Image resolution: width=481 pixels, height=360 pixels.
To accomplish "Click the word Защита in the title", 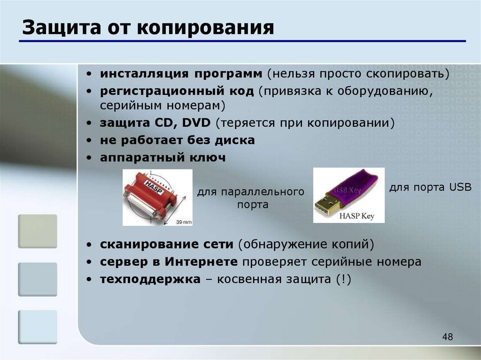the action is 62,28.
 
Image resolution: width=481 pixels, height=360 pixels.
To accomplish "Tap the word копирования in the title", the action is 205,28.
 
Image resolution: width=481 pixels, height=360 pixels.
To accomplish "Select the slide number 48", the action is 448,337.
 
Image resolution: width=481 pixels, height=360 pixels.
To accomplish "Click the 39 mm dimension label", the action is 184,222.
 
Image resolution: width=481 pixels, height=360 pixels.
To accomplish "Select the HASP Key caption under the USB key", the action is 357,216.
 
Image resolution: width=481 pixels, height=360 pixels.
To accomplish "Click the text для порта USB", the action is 430,187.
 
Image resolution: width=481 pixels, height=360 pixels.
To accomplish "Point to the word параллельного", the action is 263,192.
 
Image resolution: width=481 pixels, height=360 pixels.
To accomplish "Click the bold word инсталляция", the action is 144,74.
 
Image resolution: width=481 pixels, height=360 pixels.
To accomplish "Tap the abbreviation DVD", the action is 196,123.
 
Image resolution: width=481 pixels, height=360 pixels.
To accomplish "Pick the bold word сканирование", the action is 149,245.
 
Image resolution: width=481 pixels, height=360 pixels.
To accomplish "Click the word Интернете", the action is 201,262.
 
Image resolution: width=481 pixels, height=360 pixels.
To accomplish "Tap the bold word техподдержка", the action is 150,279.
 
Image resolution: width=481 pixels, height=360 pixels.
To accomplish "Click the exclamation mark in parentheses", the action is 343,279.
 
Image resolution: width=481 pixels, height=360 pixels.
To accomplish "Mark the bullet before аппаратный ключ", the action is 89,158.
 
